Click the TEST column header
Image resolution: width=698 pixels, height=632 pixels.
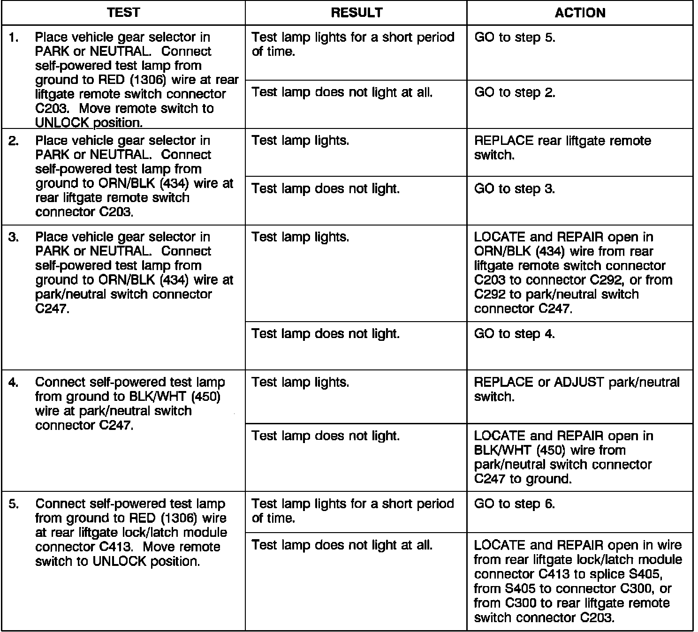tap(123, 13)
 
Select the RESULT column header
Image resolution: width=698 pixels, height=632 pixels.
tap(357, 13)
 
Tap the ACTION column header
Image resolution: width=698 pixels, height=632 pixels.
tap(580, 13)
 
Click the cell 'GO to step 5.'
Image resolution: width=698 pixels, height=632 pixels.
tap(515, 38)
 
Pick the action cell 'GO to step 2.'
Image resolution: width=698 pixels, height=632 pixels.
tap(515, 92)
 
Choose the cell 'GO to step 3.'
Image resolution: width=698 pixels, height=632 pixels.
tap(515, 189)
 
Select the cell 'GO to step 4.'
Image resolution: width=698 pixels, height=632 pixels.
tap(515, 334)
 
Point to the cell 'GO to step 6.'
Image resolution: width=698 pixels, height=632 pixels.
tap(515, 504)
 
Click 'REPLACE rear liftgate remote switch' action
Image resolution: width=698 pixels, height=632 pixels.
tap(562, 148)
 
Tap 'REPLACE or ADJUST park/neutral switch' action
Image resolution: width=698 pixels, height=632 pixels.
tap(577, 389)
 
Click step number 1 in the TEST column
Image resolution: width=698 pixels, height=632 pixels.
tap(14, 38)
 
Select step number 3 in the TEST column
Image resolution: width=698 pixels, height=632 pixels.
tap(14, 237)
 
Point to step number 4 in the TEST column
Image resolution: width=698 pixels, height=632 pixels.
tap(14, 383)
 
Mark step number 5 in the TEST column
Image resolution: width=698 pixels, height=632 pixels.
tap(14, 504)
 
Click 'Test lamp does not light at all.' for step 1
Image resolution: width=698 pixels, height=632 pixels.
tap(342, 92)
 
